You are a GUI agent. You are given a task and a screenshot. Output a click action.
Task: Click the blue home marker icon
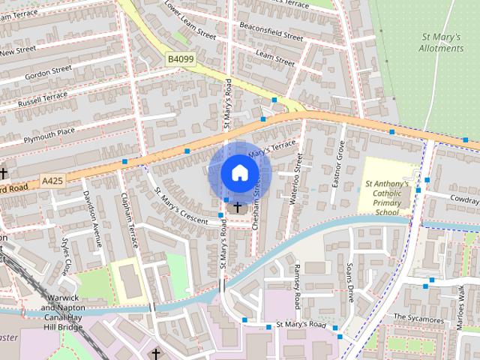[239, 172]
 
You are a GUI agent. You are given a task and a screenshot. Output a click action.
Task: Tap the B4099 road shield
[180, 58]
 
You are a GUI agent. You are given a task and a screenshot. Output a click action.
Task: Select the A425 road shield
[53, 181]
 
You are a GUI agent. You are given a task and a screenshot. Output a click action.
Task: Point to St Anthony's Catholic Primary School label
[387, 197]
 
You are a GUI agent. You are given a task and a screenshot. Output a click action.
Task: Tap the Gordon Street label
[48, 73]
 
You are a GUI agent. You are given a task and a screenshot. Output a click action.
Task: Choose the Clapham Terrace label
[130, 220]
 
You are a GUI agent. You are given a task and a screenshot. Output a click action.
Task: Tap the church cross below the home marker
[238, 205]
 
